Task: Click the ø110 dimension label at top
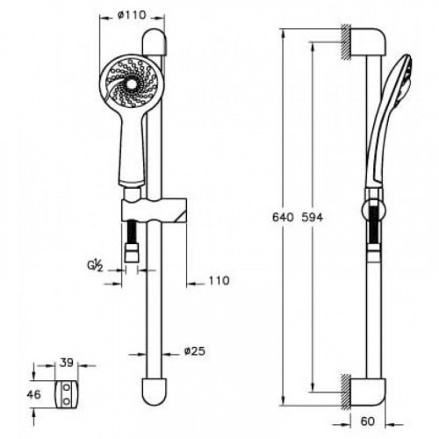point(132,15)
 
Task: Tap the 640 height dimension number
point(283,218)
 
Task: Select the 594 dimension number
point(312,218)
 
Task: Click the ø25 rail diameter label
point(195,351)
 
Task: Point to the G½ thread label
point(95,266)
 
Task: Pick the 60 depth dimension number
point(368,421)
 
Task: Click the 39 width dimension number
point(67,363)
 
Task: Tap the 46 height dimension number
point(33,394)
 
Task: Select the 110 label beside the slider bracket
point(219,281)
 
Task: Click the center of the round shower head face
point(131,84)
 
